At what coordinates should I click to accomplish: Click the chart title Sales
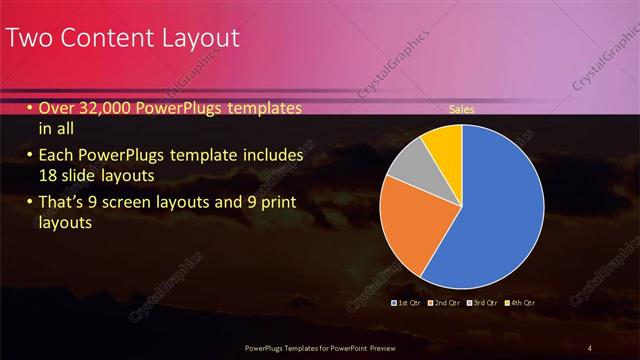(461, 109)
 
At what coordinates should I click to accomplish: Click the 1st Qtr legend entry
(405, 302)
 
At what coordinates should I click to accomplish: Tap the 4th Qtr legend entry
(520, 302)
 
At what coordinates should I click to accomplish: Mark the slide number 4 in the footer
(589, 347)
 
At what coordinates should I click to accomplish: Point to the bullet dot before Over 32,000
(30, 109)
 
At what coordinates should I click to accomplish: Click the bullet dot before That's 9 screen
(30, 205)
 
